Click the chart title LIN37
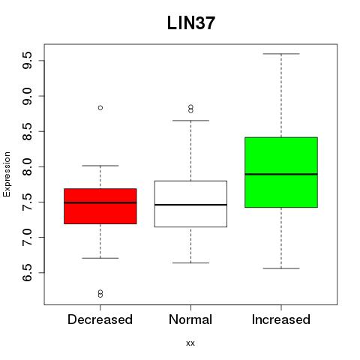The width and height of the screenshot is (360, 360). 191,23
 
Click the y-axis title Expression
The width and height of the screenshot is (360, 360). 7,174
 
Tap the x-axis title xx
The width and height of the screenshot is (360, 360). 190,343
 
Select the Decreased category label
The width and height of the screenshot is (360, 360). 100,319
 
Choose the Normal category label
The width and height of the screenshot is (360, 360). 190,319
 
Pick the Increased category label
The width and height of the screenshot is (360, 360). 281,319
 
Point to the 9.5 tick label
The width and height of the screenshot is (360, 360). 27,61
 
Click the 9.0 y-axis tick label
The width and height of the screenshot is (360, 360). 27,96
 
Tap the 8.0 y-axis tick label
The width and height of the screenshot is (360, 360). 27,166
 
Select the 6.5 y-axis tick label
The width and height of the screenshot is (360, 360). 27,273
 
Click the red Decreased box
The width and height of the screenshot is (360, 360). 100,206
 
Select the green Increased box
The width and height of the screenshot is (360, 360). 281,172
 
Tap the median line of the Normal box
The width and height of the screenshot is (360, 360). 190,205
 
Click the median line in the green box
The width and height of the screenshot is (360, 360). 281,174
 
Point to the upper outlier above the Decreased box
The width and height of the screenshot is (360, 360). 100,108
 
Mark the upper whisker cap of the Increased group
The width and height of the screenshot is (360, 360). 281,54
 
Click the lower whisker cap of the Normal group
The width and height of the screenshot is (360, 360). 190,263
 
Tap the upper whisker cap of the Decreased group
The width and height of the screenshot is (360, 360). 100,166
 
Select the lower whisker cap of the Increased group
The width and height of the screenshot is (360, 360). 281,268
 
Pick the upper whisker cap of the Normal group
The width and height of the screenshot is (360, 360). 190,121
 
